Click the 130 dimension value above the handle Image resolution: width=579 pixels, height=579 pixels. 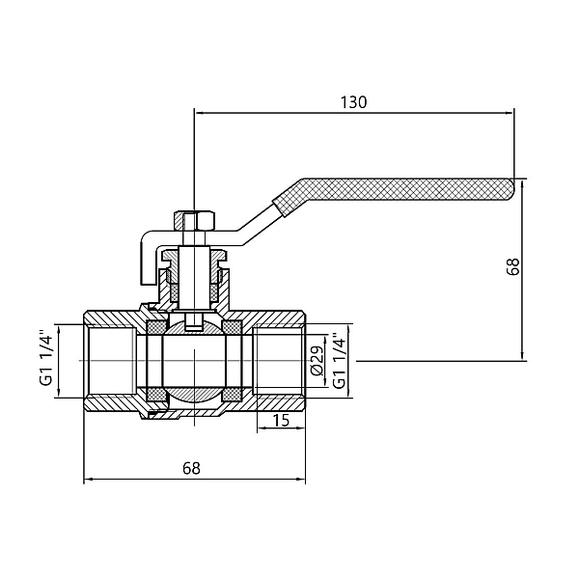354,101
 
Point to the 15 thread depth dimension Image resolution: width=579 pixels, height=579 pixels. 281,421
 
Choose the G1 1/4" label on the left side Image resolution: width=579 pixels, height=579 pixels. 45,360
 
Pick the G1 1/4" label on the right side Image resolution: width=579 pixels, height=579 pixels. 338,361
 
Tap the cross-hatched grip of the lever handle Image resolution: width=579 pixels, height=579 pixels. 396,192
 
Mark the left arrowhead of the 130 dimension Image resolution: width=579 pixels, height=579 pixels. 200,112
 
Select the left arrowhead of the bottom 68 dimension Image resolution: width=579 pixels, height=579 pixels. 90,479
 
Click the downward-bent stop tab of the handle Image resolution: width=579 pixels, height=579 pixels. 145,261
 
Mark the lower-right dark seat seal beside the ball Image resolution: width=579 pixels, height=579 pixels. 233,395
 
